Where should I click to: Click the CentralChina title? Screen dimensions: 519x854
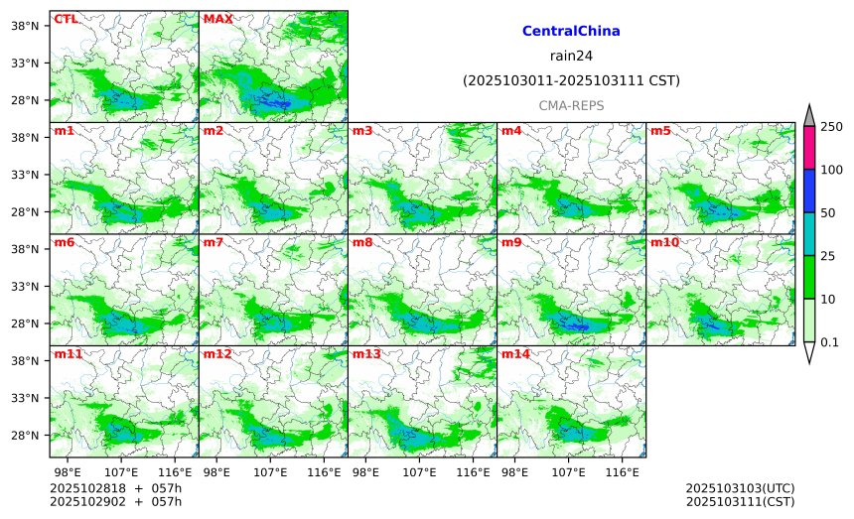pyautogui.click(x=571, y=32)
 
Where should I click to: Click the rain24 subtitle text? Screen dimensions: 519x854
pyautogui.click(x=571, y=56)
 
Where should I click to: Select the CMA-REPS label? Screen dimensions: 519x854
pyautogui.click(x=571, y=105)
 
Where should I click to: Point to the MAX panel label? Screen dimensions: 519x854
pyautogui.click(x=217, y=19)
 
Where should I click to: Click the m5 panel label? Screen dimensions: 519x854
pyautogui.click(x=660, y=131)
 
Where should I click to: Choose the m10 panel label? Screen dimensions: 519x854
pyautogui.click(x=664, y=242)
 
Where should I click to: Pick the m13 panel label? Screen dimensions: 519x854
pyautogui.click(x=366, y=354)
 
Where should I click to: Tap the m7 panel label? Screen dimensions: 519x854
pyautogui.click(x=213, y=242)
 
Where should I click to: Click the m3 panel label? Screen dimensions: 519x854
pyautogui.click(x=362, y=131)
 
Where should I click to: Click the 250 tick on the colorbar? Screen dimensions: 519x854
pyautogui.click(x=831, y=127)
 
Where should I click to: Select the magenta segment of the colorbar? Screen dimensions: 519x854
pyautogui.click(x=808, y=148)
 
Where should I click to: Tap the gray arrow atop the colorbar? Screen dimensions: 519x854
pyautogui.click(x=808, y=116)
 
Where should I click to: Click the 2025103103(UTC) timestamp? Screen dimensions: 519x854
pyautogui.click(x=740, y=489)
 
